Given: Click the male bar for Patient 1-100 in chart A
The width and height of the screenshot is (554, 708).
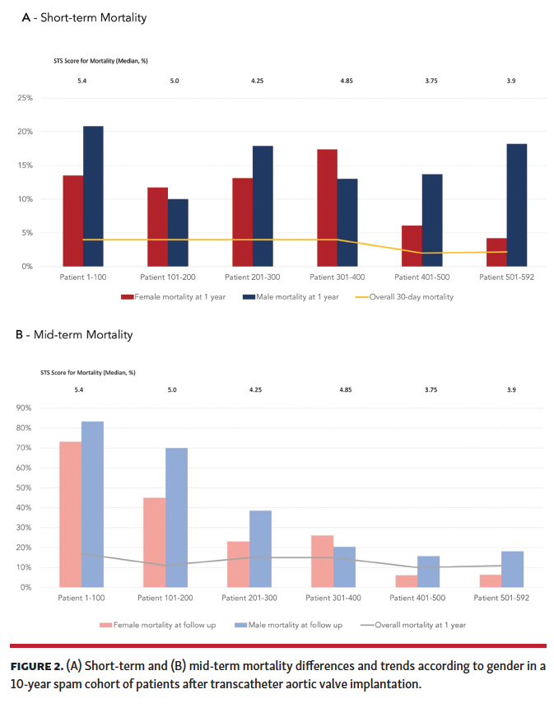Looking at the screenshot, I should [x=93, y=197].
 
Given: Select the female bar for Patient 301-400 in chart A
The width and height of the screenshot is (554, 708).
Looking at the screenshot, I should [x=327, y=207].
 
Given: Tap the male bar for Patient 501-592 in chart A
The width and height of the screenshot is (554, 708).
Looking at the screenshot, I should [x=517, y=205].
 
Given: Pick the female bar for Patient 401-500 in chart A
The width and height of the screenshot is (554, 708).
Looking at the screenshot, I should [x=412, y=246].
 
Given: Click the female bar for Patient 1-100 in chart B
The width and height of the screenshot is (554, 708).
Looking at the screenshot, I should [x=71, y=515].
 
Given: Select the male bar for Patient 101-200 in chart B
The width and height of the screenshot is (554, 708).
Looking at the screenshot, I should [x=176, y=518].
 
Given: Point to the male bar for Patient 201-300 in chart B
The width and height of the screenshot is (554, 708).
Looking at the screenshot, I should [x=260, y=549].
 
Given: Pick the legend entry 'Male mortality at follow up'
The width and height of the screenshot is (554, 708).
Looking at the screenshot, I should [x=296, y=625].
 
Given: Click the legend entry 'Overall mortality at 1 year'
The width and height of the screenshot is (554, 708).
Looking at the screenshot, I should [x=419, y=625].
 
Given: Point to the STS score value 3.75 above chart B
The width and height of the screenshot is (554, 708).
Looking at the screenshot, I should [x=431, y=389].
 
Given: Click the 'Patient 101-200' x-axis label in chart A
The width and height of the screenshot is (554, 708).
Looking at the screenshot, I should [x=166, y=277].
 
